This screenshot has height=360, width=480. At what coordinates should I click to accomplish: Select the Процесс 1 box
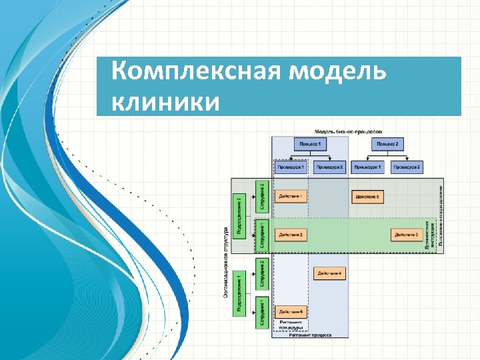point(310,143)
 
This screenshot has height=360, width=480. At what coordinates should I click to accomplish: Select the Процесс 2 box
point(387,143)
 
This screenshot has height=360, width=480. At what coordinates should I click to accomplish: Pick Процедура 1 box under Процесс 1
point(291,167)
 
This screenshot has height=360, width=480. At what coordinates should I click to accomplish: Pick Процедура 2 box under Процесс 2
point(407,167)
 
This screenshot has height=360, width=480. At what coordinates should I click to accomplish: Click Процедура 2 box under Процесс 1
point(329,167)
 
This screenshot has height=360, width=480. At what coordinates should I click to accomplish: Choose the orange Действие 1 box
point(291,197)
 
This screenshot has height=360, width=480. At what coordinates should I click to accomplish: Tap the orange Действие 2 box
point(291,235)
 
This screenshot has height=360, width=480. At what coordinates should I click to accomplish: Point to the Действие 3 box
point(407,235)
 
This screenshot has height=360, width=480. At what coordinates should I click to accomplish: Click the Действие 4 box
point(329,273)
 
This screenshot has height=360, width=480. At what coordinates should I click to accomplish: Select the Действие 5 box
point(368,197)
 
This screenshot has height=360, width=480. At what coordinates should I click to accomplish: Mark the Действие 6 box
point(291,311)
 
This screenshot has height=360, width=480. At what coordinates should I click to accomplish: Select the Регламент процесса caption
point(310,335)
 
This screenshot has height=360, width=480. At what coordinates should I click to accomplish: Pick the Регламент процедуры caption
point(291,325)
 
